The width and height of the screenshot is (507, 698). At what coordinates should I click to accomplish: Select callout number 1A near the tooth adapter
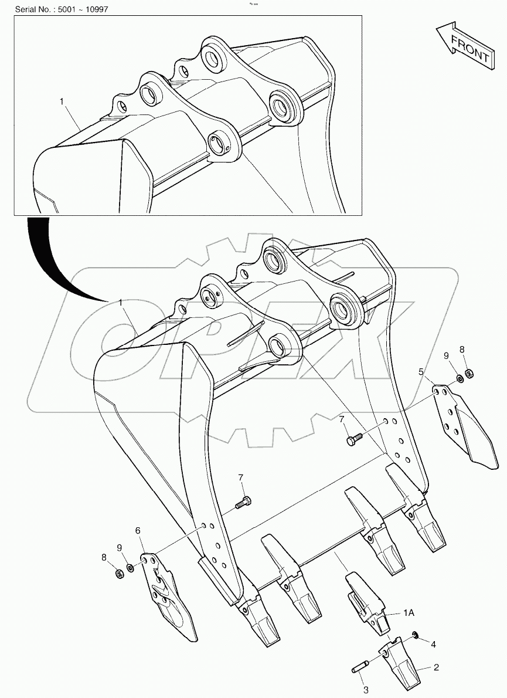[409, 613]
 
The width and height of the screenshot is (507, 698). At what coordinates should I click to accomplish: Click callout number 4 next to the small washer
[433, 644]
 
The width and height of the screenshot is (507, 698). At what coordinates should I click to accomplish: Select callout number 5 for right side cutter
[420, 371]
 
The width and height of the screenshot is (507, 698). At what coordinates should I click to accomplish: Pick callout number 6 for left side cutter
[138, 530]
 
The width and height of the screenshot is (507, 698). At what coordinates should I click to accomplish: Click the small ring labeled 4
[416, 635]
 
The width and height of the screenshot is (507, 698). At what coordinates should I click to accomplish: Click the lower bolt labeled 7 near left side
[244, 502]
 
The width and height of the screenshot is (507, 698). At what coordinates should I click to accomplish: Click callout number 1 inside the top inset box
[62, 101]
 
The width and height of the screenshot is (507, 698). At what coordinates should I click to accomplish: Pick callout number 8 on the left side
[104, 557]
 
